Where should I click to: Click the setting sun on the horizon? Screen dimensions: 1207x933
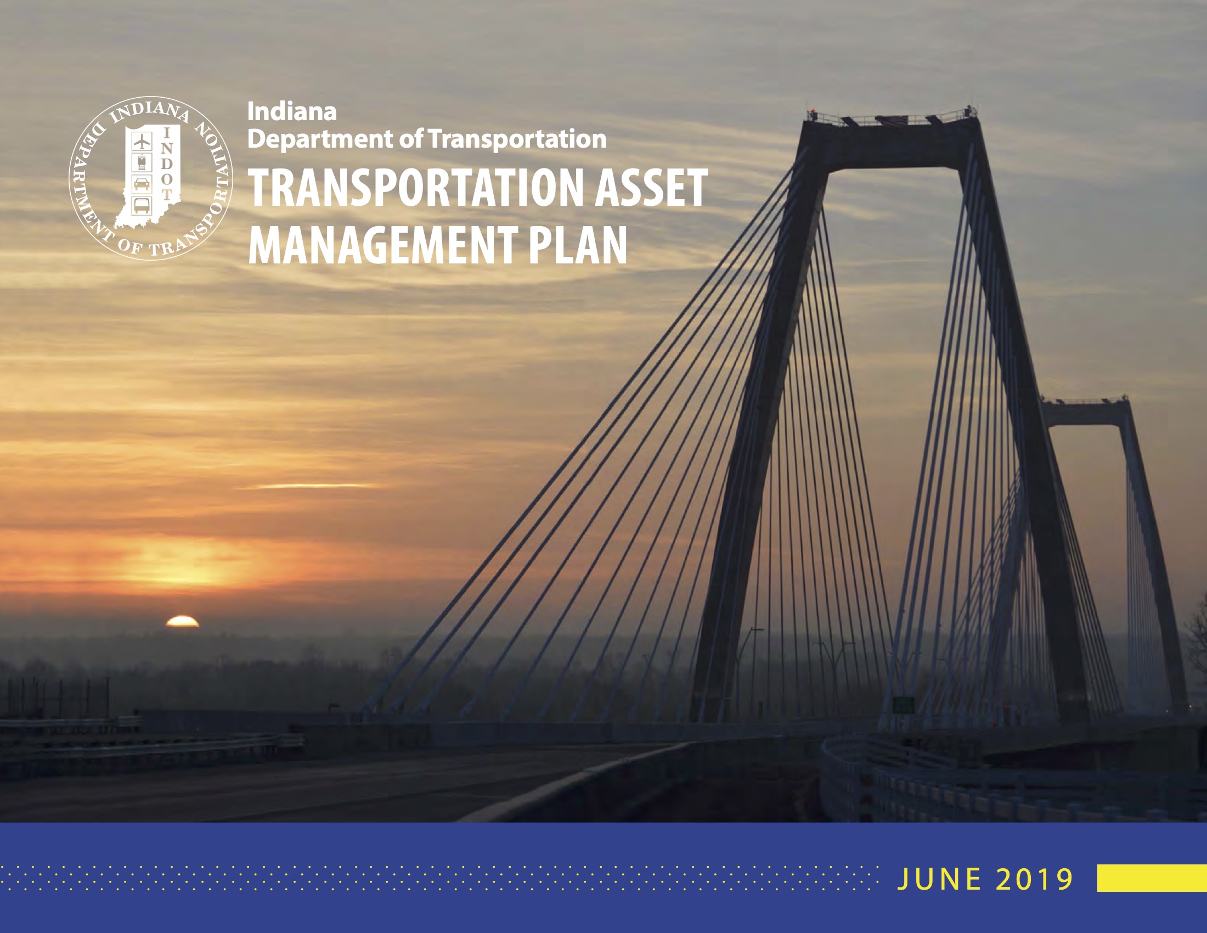182,621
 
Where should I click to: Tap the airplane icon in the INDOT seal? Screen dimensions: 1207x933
143,142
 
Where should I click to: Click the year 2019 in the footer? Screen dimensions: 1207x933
1035,879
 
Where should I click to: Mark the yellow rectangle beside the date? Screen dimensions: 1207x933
1152,878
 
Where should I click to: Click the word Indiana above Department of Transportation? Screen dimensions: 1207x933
292,111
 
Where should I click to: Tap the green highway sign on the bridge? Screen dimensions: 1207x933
903,705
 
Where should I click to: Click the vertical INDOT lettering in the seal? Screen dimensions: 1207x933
168,164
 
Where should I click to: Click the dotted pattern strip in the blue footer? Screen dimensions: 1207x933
439,878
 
